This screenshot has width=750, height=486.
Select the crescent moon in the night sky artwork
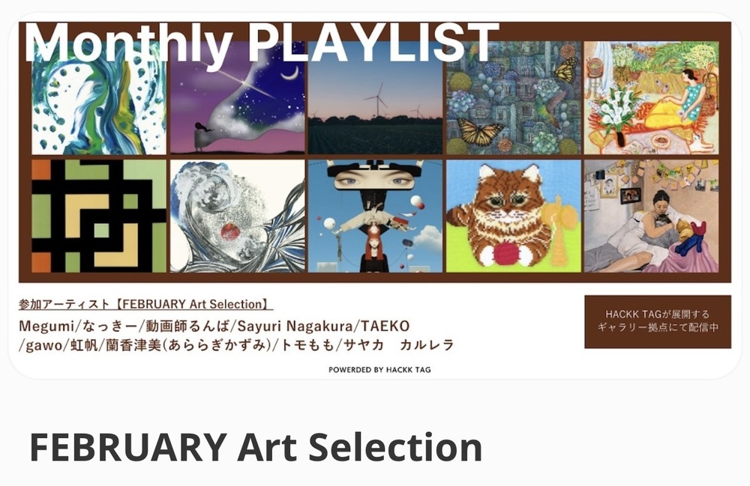[x=287, y=73]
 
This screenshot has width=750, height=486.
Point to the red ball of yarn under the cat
[x=505, y=253]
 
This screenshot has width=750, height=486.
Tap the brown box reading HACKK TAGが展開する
[x=657, y=321]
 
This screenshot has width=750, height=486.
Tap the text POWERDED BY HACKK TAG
[x=379, y=369]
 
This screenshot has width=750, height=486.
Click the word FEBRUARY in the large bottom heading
[x=127, y=447]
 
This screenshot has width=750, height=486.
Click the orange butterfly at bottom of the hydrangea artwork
[x=480, y=133]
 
